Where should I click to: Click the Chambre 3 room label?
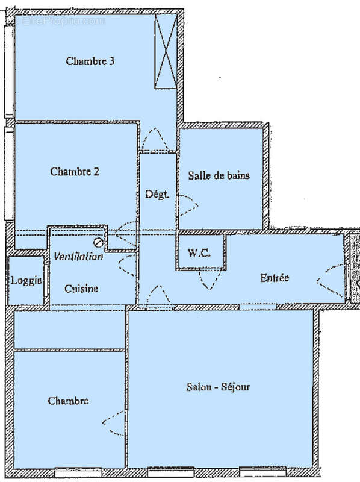[x=90, y=61]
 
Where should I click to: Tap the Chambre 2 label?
[x=75, y=172]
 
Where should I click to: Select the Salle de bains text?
[x=219, y=175]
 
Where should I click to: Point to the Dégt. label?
[x=157, y=195]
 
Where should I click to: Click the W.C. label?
[x=199, y=253]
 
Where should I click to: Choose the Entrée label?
[x=275, y=278]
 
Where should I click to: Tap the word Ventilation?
[x=78, y=257]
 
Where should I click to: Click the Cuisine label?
[x=81, y=289]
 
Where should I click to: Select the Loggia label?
[x=26, y=281]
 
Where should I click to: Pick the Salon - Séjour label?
[x=218, y=387]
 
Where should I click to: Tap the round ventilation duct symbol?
[x=98, y=242]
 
